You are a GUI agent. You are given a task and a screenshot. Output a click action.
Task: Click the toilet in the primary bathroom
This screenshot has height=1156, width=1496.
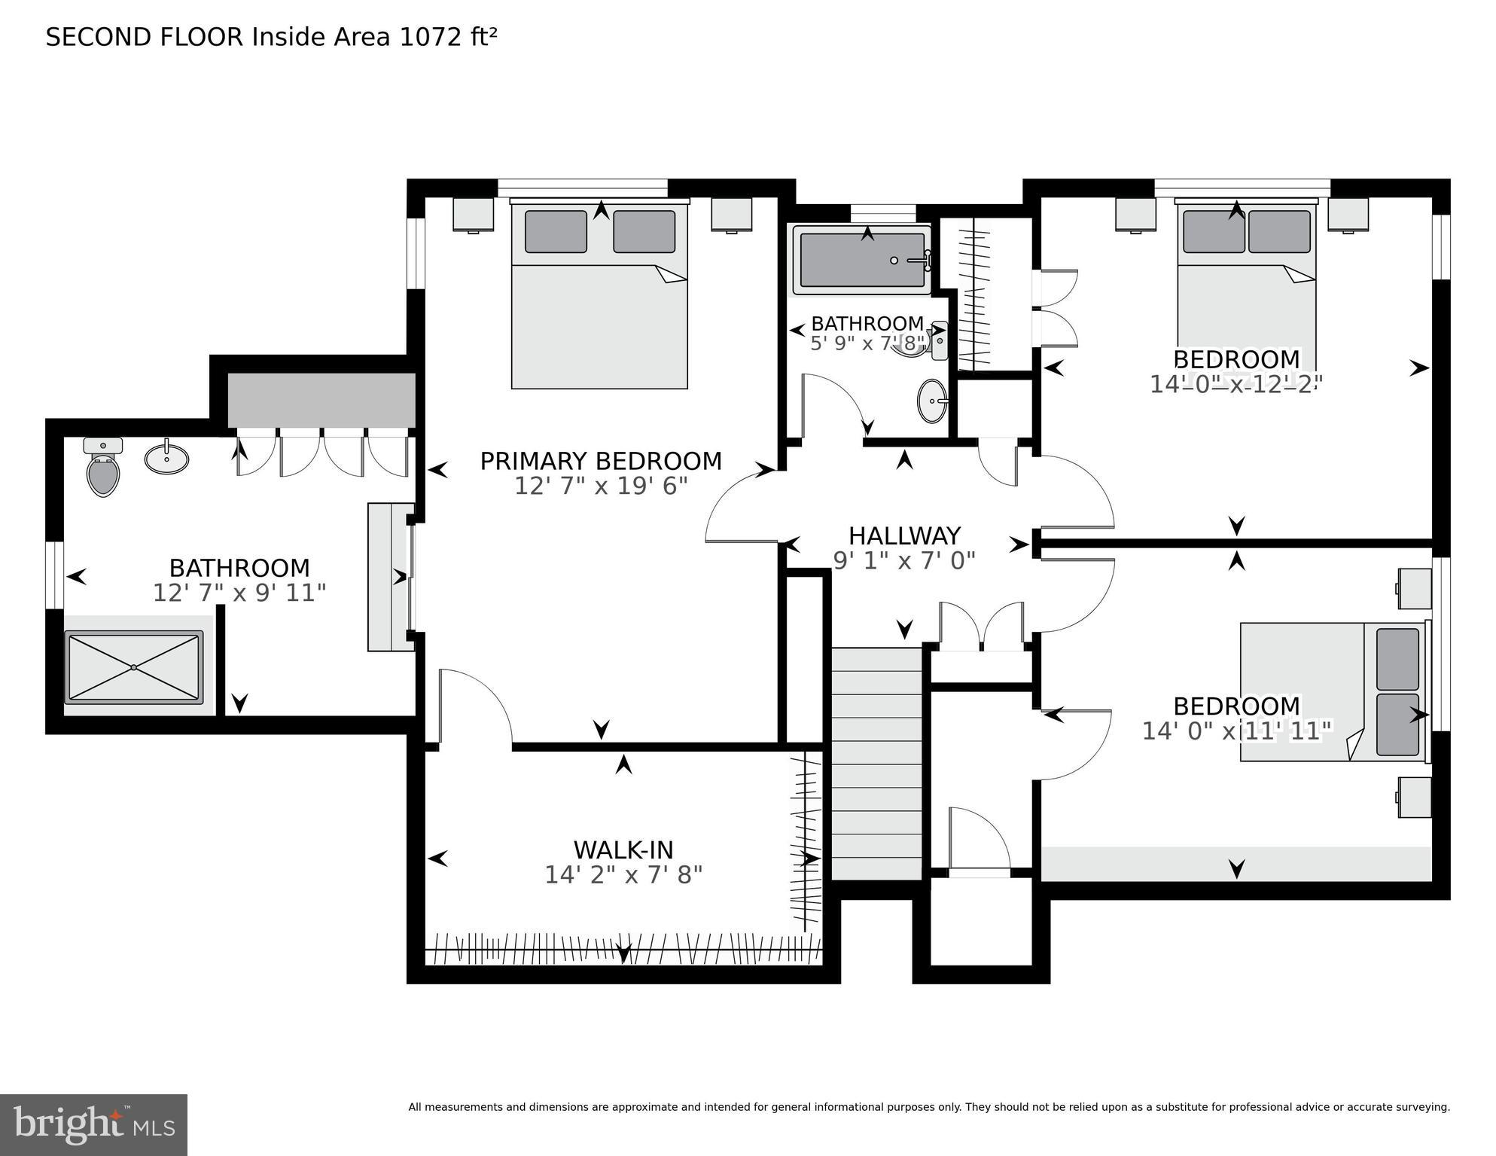coord(103,470)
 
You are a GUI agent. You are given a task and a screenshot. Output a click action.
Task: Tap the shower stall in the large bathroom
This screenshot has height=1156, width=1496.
coord(134,667)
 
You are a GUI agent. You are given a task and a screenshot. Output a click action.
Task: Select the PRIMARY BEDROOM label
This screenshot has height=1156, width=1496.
coord(601,461)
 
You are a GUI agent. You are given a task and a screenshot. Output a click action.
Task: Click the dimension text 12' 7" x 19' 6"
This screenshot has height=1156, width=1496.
coord(601,486)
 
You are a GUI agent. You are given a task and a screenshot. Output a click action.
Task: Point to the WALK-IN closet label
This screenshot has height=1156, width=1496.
coord(623,849)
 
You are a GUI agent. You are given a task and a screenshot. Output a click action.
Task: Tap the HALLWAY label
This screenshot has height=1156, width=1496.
coord(904,535)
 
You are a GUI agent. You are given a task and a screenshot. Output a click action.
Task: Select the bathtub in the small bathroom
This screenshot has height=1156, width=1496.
coord(862,260)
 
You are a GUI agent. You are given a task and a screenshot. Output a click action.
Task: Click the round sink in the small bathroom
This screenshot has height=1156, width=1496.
coord(932,401)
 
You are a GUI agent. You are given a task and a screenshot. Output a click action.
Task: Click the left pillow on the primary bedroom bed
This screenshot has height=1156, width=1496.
coord(556,231)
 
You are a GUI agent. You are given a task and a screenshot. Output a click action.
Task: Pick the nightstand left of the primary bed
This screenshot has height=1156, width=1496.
coord(473,214)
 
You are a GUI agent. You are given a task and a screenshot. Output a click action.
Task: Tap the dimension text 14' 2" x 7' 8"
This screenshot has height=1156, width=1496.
coord(623,875)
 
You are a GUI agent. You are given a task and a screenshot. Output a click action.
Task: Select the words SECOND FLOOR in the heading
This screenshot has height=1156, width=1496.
coord(145,37)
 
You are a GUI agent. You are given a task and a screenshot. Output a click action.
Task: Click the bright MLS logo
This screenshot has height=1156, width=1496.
coord(93,1125)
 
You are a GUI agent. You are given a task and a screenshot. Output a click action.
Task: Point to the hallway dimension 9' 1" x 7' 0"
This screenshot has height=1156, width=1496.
coord(904,560)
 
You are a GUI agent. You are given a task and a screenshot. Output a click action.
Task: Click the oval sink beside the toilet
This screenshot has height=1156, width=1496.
coord(166,458)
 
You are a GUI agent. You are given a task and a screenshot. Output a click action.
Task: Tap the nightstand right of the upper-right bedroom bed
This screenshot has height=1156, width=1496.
coord(1348,214)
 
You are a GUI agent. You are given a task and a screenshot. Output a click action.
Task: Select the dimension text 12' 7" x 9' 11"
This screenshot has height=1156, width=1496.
coord(239,593)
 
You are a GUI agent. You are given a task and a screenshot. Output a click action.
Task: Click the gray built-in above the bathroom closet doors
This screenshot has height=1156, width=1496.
coord(321,400)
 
